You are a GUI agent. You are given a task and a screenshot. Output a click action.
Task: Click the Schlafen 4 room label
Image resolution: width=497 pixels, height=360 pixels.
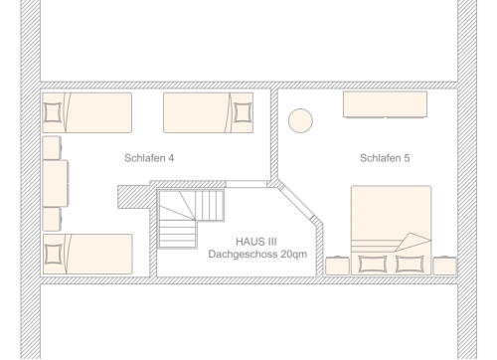[x=149, y=158]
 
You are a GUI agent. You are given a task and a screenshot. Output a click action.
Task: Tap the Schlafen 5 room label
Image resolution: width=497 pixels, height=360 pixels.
[x=385, y=158]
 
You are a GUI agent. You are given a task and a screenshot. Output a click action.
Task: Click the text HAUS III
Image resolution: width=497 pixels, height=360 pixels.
[x=256, y=242]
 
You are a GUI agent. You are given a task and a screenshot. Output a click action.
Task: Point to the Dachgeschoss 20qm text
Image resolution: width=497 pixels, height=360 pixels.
[x=257, y=255]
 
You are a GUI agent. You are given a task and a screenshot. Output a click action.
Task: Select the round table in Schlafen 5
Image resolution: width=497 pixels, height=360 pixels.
[x=300, y=120]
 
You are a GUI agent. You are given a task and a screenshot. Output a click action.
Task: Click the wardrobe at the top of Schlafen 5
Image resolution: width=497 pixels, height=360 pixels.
[x=385, y=104]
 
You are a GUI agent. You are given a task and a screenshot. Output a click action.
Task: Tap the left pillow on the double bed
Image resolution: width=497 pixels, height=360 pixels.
[x=373, y=264]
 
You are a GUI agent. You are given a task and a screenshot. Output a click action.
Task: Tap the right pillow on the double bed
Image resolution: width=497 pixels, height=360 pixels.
[x=410, y=264]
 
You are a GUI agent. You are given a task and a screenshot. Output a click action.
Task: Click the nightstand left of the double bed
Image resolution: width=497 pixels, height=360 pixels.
[x=337, y=266]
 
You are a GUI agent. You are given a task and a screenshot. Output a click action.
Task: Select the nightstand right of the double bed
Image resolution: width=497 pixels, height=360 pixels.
[x=445, y=266]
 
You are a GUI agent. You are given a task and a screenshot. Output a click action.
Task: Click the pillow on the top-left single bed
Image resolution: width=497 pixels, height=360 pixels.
[x=53, y=112]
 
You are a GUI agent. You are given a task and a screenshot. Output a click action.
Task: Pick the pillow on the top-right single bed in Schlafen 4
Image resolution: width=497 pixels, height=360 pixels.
[x=243, y=112]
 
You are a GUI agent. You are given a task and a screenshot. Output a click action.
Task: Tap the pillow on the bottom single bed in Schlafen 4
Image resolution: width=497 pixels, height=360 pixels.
[x=54, y=255]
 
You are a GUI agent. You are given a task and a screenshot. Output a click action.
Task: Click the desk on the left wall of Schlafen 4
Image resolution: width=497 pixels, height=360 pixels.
[x=56, y=183]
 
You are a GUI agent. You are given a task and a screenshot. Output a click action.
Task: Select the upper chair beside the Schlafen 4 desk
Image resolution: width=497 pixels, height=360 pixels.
[x=52, y=147]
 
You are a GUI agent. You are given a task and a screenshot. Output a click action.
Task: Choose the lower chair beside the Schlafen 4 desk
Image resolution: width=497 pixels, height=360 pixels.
[x=52, y=219]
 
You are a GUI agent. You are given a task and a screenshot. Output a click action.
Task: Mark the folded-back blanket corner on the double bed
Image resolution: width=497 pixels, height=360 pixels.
[x=413, y=242]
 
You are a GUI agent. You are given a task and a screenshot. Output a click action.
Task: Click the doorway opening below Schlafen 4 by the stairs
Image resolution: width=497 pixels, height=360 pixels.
[x=247, y=184]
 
